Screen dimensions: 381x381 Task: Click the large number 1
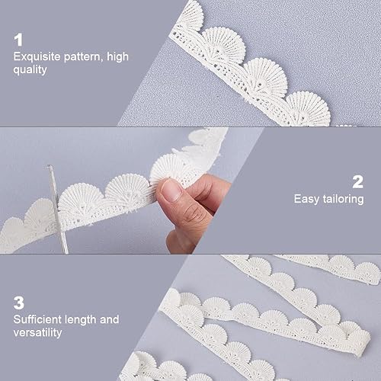pyautogui.click(x=18, y=40)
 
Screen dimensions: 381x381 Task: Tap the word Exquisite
pyautogui.click(x=37, y=56)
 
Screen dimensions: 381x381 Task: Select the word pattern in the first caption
pyautogui.click(x=82, y=57)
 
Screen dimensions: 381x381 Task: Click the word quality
pyautogui.click(x=30, y=70)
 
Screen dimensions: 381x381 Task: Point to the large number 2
pyautogui.click(x=358, y=182)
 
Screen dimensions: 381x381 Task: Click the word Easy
pyautogui.click(x=306, y=199)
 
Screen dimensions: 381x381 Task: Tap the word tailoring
pyautogui.click(x=343, y=199)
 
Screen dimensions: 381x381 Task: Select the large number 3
pyautogui.click(x=19, y=303)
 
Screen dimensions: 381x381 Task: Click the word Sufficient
pyautogui.click(x=37, y=319)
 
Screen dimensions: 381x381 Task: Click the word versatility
pyautogui.click(x=37, y=332)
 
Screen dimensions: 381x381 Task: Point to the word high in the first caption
pyautogui.click(x=117, y=57)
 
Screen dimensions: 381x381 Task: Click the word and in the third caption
pyautogui.click(x=109, y=319)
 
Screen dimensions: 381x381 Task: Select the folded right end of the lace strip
pyautogui.click(x=360, y=341)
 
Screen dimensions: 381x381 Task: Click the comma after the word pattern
pyautogui.click(x=101, y=61)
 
